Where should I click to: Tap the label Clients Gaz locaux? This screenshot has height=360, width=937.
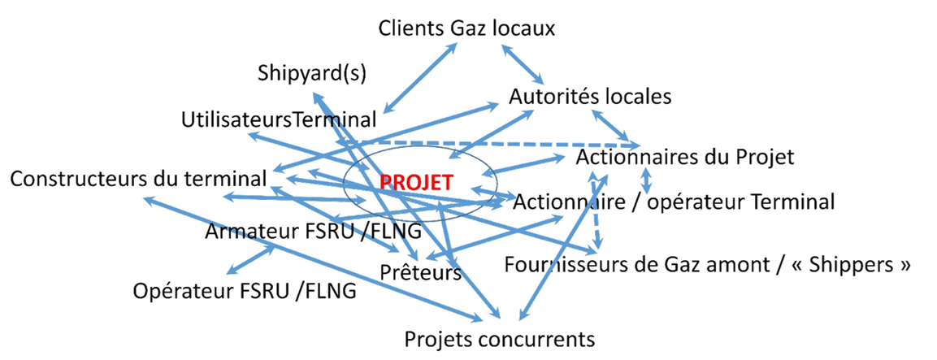coord(467,28)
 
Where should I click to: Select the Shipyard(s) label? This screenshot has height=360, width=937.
coord(312,73)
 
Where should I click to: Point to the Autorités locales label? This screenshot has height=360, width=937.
coord(591,97)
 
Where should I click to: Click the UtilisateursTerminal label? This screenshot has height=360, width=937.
coord(279,120)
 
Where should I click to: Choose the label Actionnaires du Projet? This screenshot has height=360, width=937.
coord(685,157)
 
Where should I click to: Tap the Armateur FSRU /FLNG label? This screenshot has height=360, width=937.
coord(313,232)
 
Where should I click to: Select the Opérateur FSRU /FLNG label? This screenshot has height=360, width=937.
coord(245,290)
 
